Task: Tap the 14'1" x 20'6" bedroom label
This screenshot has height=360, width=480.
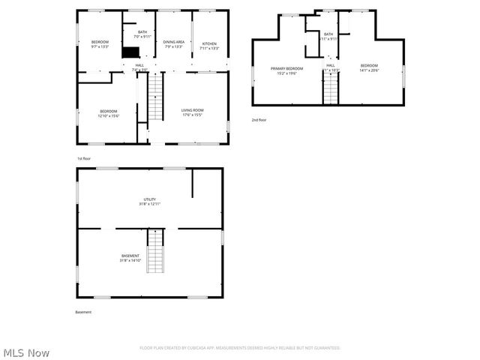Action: pyautogui.click(x=369, y=67)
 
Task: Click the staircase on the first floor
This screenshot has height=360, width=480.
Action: pyautogui.click(x=154, y=100)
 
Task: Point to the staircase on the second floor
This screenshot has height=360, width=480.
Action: pyautogui.click(x=331, y=90)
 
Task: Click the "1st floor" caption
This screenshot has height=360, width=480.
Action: pyautogui.click(x=84, y=158)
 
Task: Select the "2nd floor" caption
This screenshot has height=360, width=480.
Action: pyautogui.click(x=259, y=119)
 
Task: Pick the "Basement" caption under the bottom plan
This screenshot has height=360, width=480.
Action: pyautogui.click(x=83, y=312)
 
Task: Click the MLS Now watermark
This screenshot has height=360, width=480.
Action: pyautogui.click(x=26, y=352)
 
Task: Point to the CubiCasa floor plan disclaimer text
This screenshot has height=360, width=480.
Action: pyautogui.click(x=240, y=348)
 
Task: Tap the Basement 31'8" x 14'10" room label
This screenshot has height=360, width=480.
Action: pyautogui.click(x=130, y=258)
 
